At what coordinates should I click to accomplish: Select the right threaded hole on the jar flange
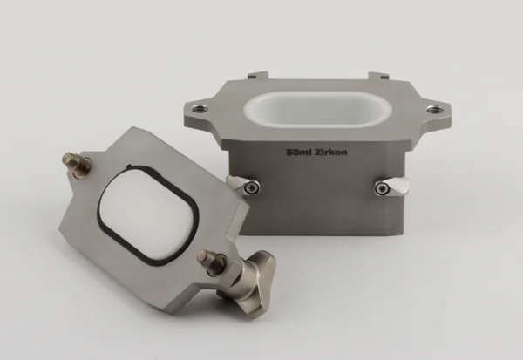pos(433,109)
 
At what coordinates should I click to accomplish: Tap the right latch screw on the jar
pos(381,189)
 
